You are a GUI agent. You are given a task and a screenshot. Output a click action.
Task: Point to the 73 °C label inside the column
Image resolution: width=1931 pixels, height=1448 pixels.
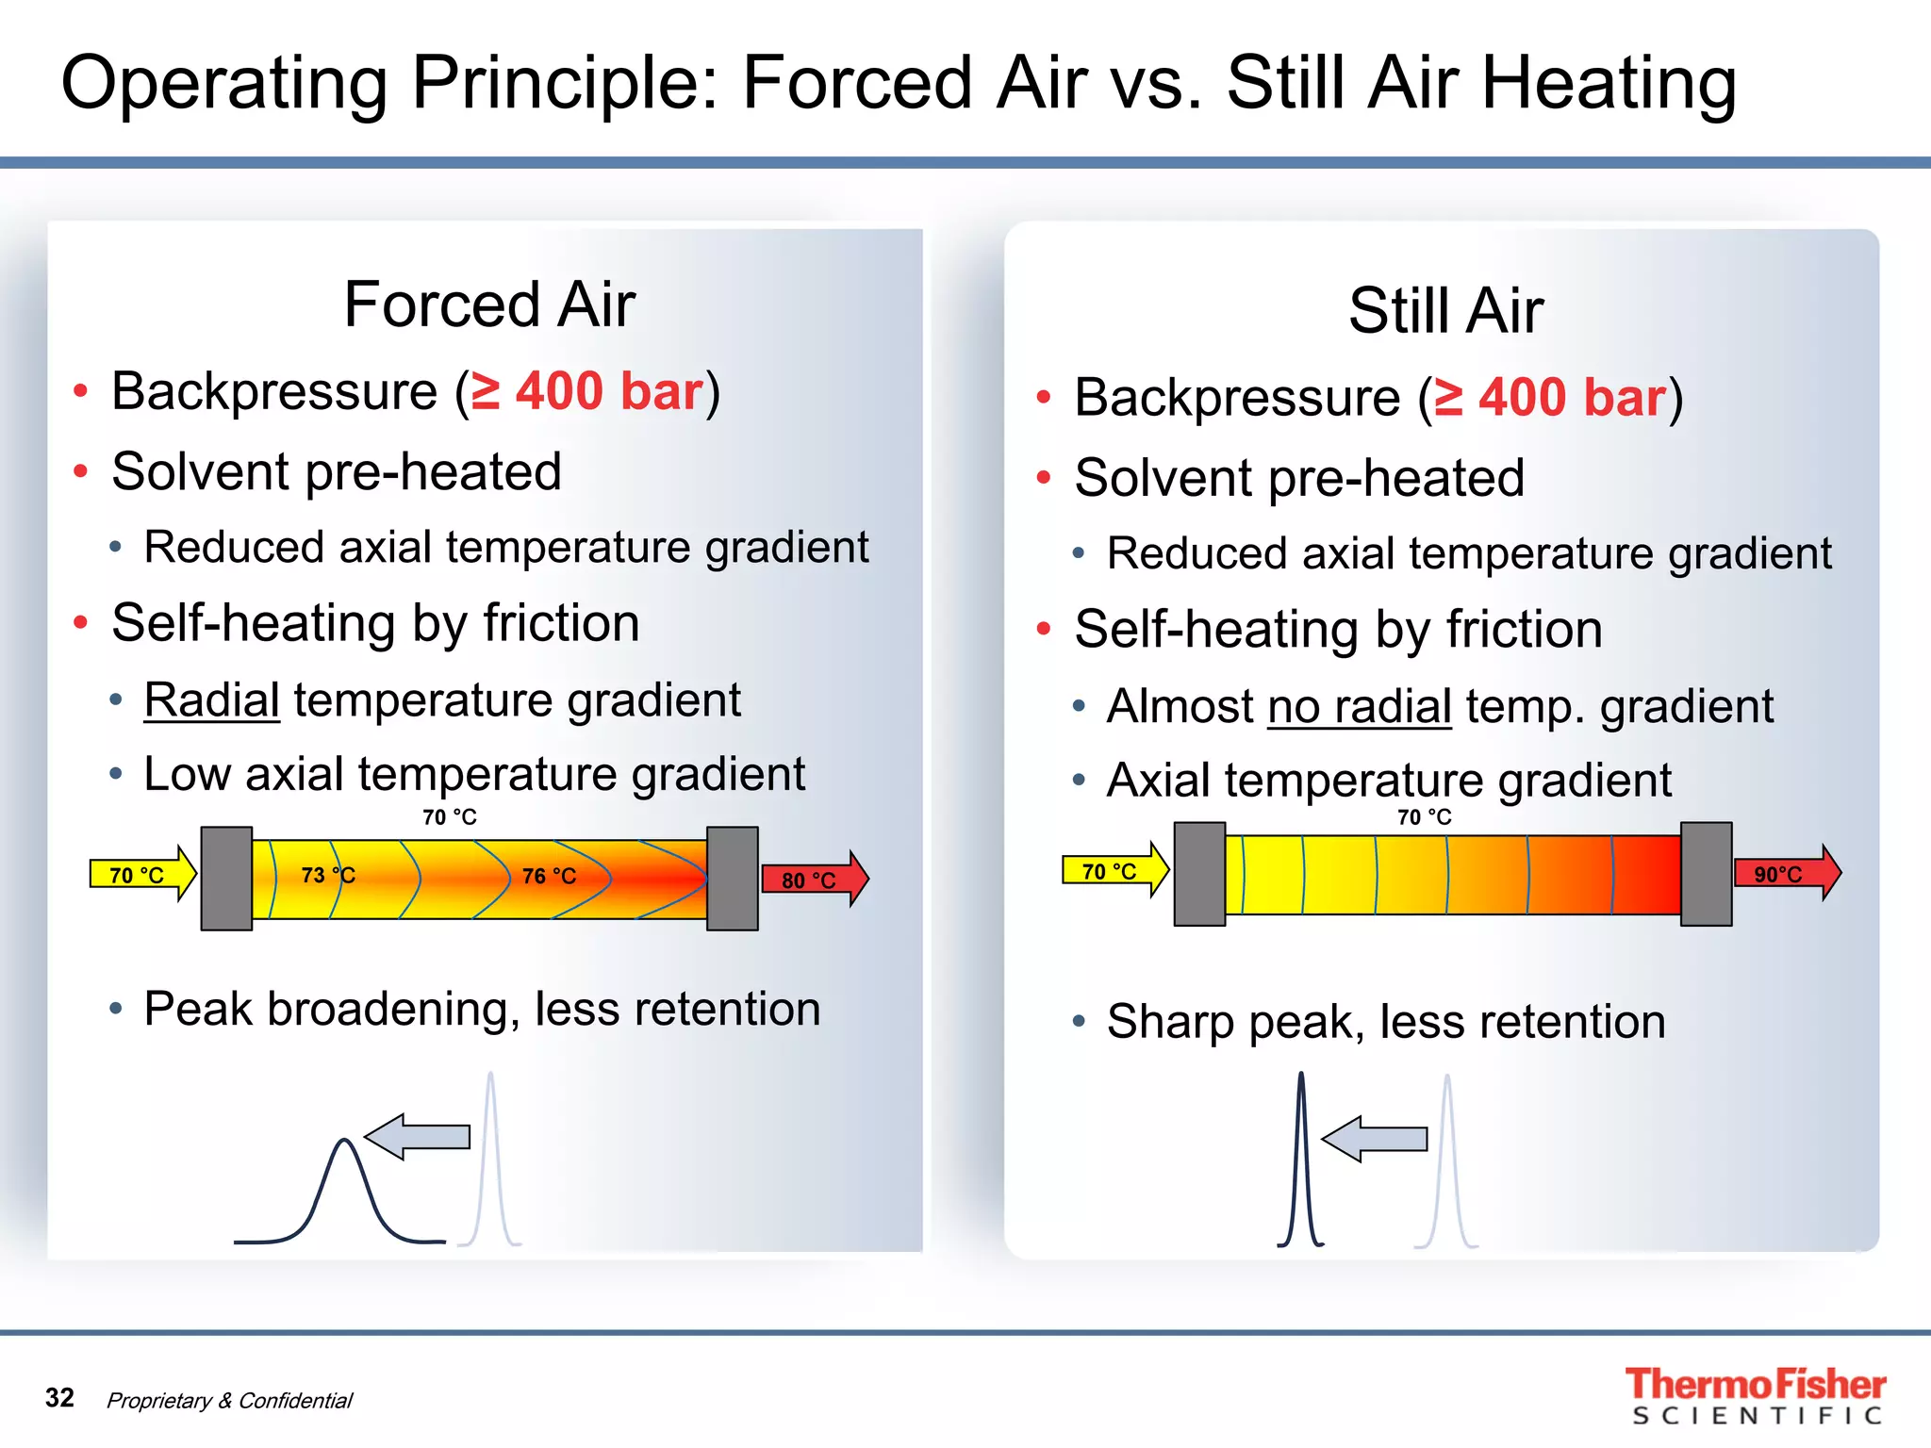(x=327, y=875)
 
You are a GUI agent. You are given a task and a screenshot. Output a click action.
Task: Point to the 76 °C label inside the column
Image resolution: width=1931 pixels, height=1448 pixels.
(x=549, y=876)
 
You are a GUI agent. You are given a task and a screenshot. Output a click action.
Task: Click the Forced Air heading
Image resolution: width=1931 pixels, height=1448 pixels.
(x=489, y=304)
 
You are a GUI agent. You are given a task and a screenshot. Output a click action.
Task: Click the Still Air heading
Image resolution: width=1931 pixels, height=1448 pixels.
(x=1445, y=310)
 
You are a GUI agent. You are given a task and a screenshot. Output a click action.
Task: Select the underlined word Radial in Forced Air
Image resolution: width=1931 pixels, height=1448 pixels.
(x=212, y=700)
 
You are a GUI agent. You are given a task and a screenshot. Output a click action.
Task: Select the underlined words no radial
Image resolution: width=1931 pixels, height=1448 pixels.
(x=1359, y=707)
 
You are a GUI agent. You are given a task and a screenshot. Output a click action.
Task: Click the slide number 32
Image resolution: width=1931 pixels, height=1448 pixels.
(x=59, y=1397)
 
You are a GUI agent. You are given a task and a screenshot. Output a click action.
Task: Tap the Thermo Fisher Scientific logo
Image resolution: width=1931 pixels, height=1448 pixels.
(x=1755, y=1395)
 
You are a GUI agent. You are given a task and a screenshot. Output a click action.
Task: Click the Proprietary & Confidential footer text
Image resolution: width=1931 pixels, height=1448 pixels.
(x=229, y=1401)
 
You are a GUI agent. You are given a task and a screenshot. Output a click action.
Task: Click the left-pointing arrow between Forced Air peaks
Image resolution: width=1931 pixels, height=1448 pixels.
(x=417, y=1137)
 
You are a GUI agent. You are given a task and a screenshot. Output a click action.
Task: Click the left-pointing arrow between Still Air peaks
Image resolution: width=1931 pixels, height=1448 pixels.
(x=1374, y=1139)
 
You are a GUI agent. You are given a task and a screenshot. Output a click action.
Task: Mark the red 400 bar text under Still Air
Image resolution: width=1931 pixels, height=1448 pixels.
(x=1571, y=397)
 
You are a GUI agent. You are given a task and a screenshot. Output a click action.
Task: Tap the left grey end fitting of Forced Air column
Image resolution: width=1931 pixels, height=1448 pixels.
(x=226, y=879)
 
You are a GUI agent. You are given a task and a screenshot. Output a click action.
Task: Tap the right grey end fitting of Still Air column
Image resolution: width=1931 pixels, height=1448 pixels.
(x=1706, y=874)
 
